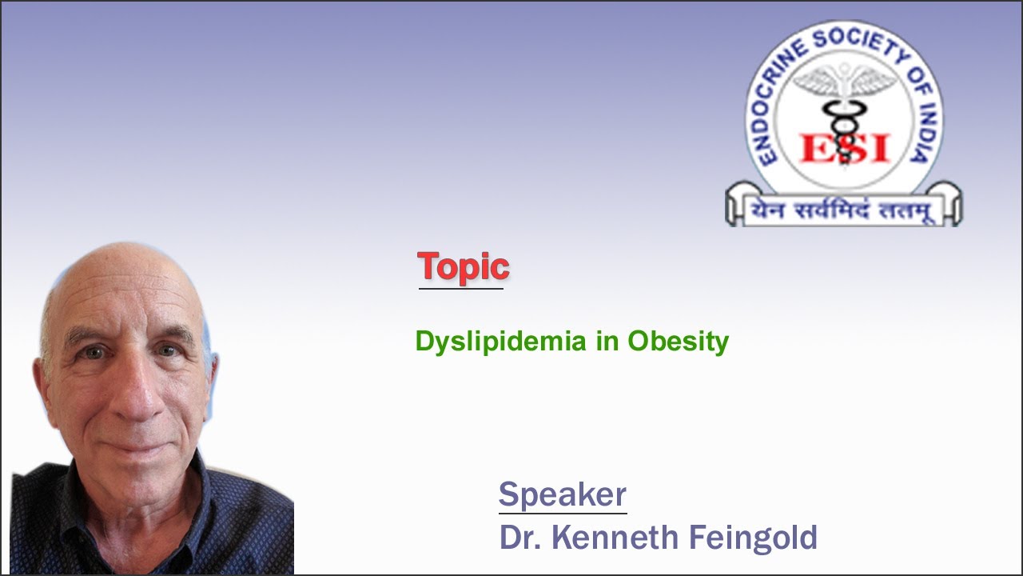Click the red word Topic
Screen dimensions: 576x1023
coord(463,266)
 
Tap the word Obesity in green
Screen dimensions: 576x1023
coord(678,342)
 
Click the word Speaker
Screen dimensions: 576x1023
coord(562,494)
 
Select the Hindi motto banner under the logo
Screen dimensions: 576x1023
coord(843,210)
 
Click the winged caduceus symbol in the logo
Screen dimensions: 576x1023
coord(844,96)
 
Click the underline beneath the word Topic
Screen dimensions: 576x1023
coord(461,288)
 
